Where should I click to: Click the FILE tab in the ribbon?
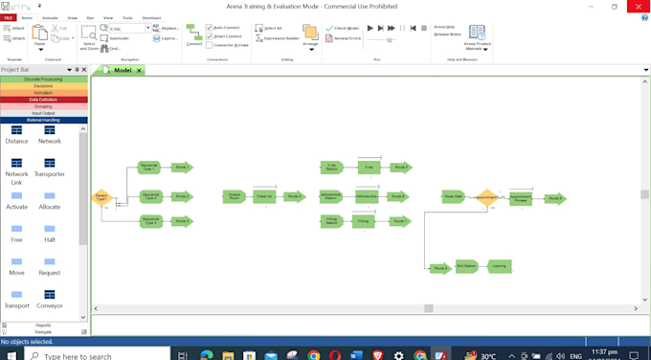[8, 17]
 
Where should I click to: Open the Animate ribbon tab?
[50, 17]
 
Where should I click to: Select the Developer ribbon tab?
[151, 17]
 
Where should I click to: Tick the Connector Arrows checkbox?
[210, 45]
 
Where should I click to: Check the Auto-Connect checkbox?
[210, 28]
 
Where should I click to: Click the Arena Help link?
[444, 27]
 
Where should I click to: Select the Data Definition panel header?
[43, 100]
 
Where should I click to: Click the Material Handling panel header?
[43, 120]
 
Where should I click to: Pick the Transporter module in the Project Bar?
[50, 168]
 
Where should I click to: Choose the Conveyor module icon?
[50, 299]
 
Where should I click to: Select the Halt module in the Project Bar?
[50, 234]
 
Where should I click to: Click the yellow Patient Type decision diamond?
[101, 198]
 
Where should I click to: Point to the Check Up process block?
[263, 196]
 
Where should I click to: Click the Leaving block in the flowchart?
[498, 266]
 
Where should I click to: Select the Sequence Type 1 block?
[148, 167]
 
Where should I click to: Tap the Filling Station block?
[331, 221]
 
